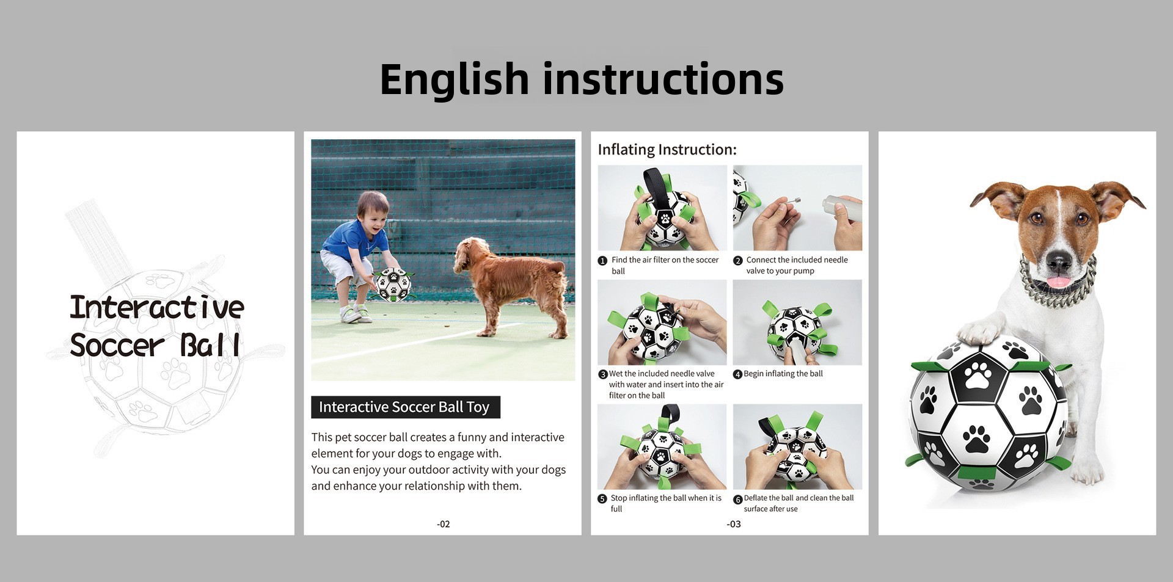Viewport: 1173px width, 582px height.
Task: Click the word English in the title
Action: (454, 80)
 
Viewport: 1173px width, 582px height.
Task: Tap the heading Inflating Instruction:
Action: (667, 150)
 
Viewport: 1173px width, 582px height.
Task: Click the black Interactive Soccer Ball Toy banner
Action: (406, 407)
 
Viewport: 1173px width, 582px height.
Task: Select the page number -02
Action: (444, 524)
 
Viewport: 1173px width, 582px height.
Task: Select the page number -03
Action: (733, 524)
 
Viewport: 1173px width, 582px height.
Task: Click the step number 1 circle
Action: (602, 261)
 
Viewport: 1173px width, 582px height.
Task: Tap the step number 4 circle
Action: (737, 374)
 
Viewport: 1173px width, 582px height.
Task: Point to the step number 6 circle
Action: (737, 499)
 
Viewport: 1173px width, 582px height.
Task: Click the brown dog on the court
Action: (511, 284)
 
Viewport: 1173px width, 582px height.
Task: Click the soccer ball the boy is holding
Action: (392, 283)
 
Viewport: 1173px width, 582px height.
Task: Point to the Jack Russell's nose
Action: (1059, 261)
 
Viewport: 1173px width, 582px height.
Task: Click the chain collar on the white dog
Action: (1057, 287)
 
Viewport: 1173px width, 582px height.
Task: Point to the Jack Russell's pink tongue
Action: (1059, 282)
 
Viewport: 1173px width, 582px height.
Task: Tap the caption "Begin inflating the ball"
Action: (783, 374)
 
